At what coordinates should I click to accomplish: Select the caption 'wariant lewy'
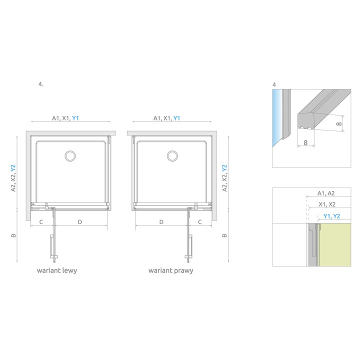56,270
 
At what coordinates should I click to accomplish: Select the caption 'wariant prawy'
170,270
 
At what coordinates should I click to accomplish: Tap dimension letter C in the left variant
40,221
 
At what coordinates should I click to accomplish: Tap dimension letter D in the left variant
79,221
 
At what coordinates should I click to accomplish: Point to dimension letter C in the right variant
200,221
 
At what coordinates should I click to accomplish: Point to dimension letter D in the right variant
161,221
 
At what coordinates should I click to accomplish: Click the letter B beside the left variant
14,235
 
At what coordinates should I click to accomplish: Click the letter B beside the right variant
224,235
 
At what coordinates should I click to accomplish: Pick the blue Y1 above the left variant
75,118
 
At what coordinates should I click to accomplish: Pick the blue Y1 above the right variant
176,118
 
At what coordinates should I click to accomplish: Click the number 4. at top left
40,84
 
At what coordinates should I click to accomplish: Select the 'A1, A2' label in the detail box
325,193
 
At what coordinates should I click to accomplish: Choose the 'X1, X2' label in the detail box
327,204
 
